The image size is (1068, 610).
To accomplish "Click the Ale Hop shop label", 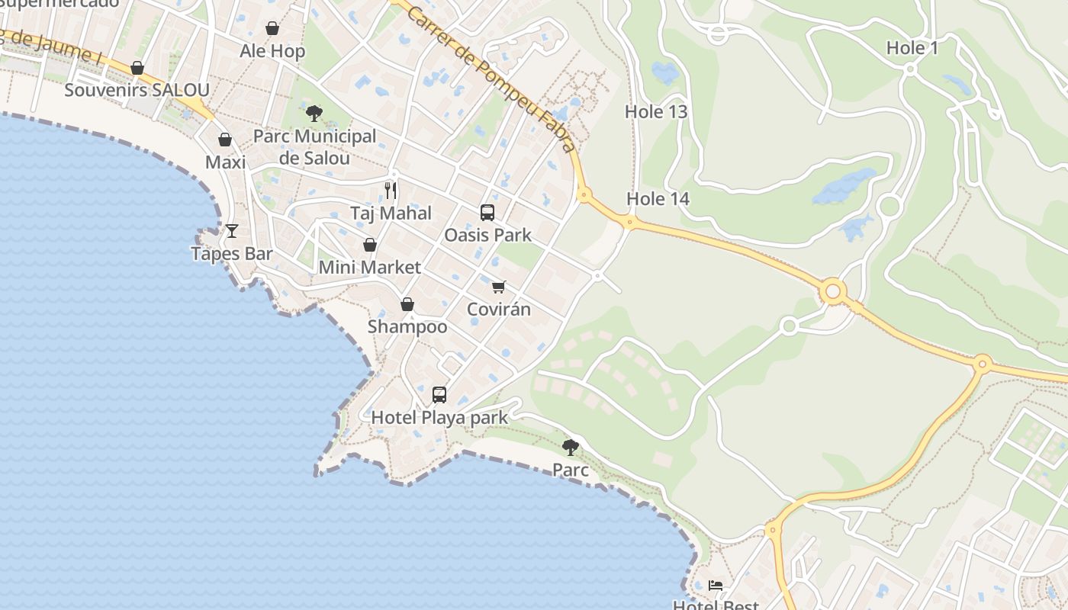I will pos(272,51).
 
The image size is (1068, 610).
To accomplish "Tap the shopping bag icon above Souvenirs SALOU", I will pos(137,68).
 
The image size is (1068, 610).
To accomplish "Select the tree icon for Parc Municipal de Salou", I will pos(314,114).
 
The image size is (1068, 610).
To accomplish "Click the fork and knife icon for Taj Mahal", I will pos(391,190).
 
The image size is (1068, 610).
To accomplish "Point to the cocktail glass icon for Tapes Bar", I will pos(232,230).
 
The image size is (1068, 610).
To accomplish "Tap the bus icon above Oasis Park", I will pos(487,213).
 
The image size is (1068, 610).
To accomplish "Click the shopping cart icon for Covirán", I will pos(499,287).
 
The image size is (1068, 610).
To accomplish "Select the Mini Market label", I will pos(369,268).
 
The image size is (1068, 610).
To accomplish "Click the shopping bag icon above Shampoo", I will pos(407,304).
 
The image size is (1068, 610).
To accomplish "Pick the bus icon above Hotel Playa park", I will pos(439,394).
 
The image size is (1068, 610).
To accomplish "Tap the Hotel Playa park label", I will pos(439,418).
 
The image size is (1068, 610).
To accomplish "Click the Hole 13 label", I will pos(656,111).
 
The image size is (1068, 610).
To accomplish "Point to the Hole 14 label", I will pos(658,199).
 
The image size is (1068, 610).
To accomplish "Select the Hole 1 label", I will pos(912,48).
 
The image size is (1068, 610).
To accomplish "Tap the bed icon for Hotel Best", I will pos(716,586).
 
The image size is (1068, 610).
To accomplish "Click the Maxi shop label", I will pos(226,162).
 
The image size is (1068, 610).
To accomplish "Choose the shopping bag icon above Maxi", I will pos(225,140).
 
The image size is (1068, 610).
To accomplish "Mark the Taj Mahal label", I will pos(391,213).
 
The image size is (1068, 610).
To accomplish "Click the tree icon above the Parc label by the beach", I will pos(571,447).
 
